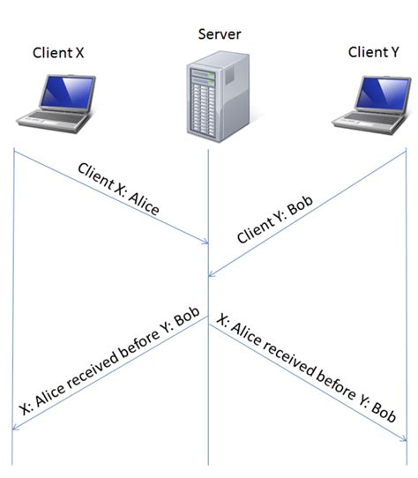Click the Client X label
pos(58,52)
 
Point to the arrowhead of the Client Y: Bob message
pos(213,273)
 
